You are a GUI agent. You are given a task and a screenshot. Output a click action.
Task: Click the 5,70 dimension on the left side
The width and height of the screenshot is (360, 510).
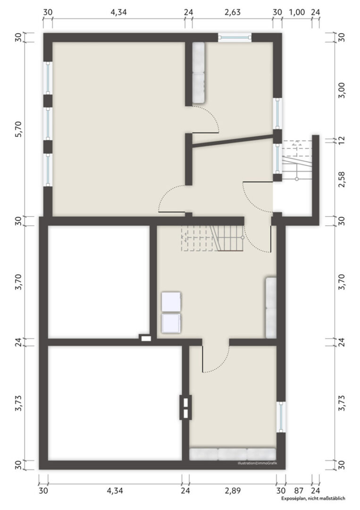[x=18, y=129]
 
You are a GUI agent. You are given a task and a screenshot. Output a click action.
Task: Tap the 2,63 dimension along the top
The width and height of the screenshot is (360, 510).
[x=233, y=12]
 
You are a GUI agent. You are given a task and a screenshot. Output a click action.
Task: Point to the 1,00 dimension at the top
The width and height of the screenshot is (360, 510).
[x=297, y=12]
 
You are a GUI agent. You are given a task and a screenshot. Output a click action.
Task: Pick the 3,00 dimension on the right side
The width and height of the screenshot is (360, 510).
[x=342, y=90]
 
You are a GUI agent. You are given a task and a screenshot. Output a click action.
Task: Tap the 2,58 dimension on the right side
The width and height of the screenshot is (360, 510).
[x=342, y=179]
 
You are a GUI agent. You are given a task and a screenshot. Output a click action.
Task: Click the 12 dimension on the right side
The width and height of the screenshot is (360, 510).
[x=342, y=140]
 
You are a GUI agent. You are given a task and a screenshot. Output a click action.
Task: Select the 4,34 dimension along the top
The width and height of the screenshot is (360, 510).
[x=118, y=12]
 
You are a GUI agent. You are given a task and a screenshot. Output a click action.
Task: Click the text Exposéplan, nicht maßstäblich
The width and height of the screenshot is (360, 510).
[x=313, y=498]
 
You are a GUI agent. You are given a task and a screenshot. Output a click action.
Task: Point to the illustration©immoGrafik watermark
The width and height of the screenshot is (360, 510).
[x=257, y=463]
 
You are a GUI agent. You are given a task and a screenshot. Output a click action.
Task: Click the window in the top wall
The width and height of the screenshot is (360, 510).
[x=234, y=37]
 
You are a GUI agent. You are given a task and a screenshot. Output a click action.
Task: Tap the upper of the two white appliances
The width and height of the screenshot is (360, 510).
[x=171, y=302]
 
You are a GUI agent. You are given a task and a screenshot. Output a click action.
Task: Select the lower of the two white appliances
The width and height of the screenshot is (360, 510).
[x=171, y=323]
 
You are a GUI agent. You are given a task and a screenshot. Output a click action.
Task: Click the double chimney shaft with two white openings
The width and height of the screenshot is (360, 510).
[x=185, y=407]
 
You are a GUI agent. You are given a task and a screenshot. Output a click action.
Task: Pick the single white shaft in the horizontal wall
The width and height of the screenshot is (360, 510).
[x=146, y=338]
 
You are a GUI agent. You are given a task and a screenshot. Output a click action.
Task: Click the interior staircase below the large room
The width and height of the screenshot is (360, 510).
[x=213, y=238]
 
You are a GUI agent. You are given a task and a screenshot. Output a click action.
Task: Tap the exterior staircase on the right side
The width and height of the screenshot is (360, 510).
[x=296, y=161]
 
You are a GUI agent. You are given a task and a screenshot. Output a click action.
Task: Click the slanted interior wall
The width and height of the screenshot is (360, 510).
[x=233, y=142]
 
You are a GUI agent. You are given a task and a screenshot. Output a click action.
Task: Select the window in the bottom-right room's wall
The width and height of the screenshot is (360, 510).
[x=281, y=417]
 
